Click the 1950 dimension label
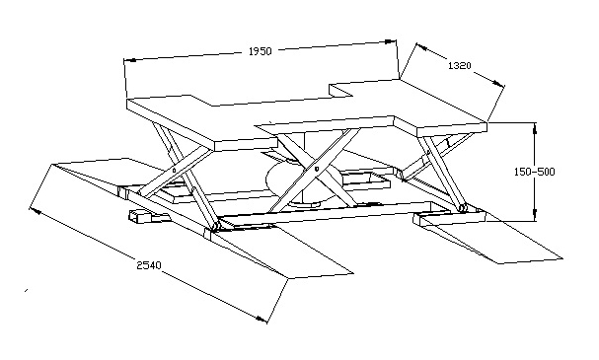coord(260,51)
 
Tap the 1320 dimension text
coord(459,66)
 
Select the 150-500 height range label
coord(534,172)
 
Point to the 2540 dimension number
coord(149,265)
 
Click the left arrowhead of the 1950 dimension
coord(130,60)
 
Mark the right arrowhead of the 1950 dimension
coord(390,41)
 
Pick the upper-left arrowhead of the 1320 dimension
coord(421,46)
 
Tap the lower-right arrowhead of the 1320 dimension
coord(497,83)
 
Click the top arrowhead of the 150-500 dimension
coord(535,128)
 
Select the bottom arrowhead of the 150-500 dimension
coord(535,215)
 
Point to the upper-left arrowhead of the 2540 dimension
coord(36,210)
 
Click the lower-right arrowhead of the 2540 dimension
coord(261,319)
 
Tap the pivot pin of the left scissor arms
coord(174,171)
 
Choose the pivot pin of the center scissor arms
coord(317,168)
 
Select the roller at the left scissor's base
coord(215,227)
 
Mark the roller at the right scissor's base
coord(463,208)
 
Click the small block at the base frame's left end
coord(138,217)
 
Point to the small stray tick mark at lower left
coord(26,291)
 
